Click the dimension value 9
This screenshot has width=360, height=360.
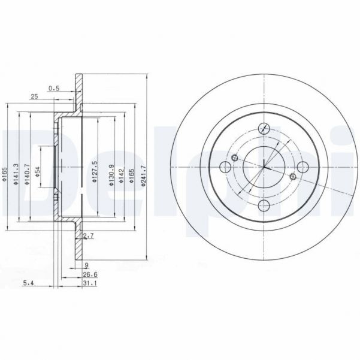[x=87, y=264]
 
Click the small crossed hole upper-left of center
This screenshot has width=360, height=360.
[x=235, y=158]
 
